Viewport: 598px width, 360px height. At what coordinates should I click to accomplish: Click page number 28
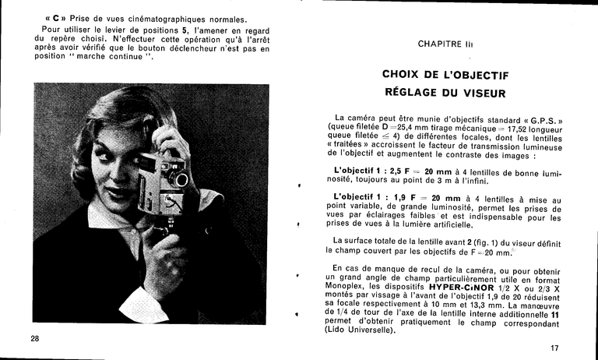pyautogui.click(x=35, y=338)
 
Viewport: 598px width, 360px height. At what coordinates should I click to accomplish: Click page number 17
pyautogui.click(x=554, y=348)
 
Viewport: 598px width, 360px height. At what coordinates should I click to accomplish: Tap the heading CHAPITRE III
pyautogui.click(x=445, y=44)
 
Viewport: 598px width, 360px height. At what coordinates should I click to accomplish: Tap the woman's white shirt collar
pyautogui.click(x=109, y=214)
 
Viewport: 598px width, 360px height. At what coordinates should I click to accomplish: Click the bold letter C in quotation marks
pyautogui.click(x=56, y=19)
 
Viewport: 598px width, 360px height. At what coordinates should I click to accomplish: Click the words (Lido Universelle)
pyautogui.click(x=361, y=329)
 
